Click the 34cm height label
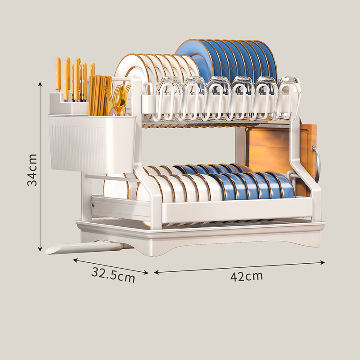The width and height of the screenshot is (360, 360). click(32, 170)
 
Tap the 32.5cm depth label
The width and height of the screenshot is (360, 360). click(113, 274)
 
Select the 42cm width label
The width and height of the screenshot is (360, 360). click(246, 276)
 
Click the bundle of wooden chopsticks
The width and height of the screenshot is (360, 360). click(99, 95)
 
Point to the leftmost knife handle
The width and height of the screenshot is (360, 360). click(58, 73)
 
